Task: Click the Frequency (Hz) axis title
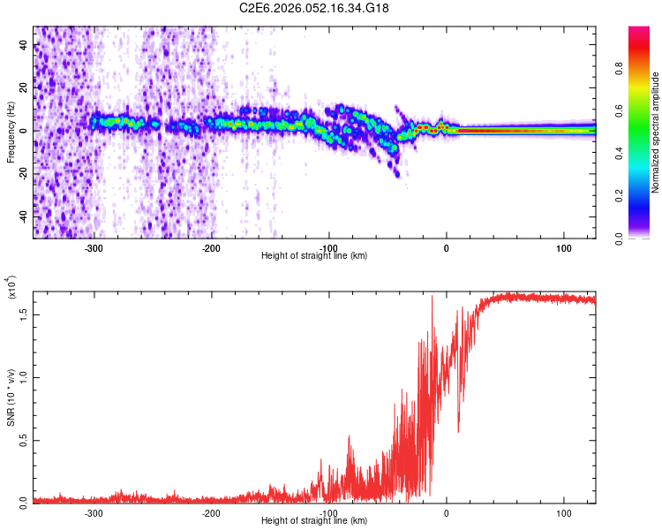11,132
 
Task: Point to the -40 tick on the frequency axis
25,216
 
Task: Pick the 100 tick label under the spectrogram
563,247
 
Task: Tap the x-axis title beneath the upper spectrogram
314,256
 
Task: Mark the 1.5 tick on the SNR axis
25,313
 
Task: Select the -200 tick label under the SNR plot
211,512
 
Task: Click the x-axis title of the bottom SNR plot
314,521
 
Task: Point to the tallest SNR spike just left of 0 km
432,297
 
